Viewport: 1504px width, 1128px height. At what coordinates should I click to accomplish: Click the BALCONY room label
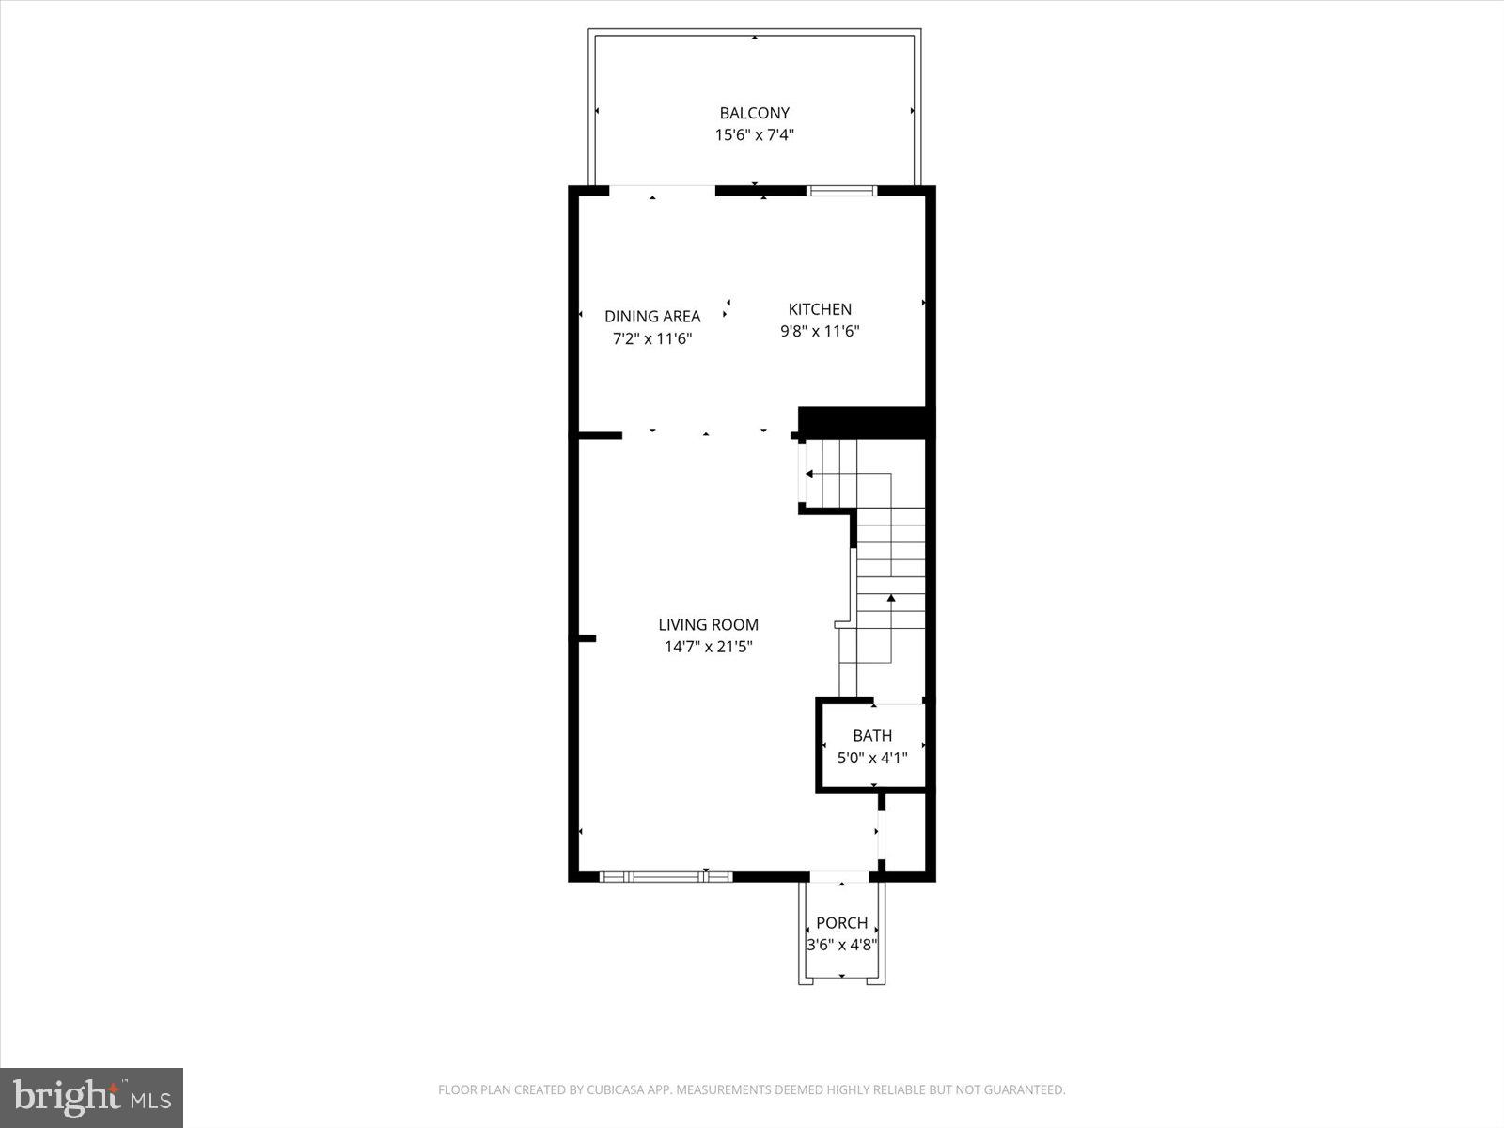click(x=754, y=114)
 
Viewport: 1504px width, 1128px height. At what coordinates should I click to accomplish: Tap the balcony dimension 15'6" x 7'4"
click(x=754, y=135)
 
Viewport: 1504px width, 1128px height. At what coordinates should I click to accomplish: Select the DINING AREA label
click(x=652, y=317)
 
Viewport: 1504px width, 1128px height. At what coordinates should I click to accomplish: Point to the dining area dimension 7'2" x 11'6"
click(x=652, y=338)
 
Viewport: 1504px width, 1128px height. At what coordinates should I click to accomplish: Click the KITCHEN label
click(x=820, y=309)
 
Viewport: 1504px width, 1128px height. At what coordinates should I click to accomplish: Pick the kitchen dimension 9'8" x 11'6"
click(x=820, y=331)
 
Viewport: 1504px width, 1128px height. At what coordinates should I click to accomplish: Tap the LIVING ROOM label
click(x=708, y=625)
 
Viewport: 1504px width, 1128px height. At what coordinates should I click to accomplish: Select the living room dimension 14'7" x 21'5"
click(x=708, y=647)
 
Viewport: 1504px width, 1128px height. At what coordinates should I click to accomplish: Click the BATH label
click(x=872, y=736)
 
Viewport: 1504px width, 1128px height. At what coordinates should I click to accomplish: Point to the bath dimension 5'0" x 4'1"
click(x=872, y=758)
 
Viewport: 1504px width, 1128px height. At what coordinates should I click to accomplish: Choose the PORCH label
click(x=841, y=923)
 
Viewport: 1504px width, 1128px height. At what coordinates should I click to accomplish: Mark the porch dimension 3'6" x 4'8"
click(x=841, y=945)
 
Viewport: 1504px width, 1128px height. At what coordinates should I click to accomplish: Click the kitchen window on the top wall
click(x=841, y=191)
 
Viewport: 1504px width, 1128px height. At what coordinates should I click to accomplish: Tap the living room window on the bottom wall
click(x=666, y=876)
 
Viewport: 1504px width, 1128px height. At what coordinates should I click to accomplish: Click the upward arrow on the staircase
click(x=891, y=598)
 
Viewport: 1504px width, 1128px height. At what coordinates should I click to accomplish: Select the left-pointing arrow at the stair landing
click(x=809, y=474)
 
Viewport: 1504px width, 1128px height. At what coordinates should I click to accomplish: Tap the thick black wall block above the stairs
click(x=863, y=420)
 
